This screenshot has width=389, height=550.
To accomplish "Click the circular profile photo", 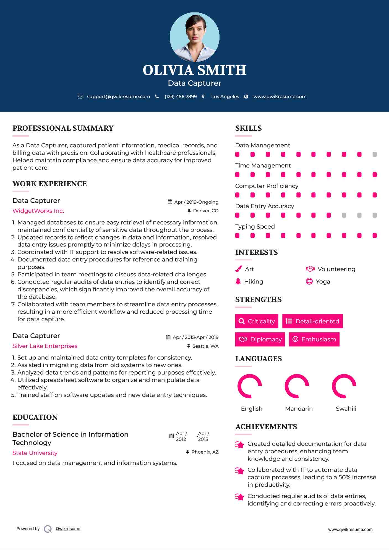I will click(194, 37).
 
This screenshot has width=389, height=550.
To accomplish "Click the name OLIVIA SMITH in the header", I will click(194, 70).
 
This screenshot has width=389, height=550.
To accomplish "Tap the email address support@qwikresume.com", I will click(118, 96).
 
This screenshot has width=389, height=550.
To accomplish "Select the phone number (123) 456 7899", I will click(181, 96).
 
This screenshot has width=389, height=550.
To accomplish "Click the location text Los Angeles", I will click(225, 96).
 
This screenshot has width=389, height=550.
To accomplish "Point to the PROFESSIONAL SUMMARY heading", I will click(63, 128).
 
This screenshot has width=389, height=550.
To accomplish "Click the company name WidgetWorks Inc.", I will click(38, 211).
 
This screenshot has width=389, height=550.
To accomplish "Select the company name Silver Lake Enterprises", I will click(45, 346).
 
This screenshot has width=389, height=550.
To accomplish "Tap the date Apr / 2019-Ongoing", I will click(196, 202).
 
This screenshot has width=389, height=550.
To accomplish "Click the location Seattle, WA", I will click(205, 346).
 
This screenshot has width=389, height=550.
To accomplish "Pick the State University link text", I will click(35, 453).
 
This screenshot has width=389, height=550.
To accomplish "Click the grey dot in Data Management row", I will click(375, 154).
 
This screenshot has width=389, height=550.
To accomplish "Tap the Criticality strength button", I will click(257, 321).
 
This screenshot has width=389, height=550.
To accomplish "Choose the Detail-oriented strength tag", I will click(312, 321).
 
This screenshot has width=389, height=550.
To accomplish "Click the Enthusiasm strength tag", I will click(314, 339).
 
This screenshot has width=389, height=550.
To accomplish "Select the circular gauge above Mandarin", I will click(297, 386).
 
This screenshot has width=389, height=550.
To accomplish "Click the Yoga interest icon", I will click(309, 281).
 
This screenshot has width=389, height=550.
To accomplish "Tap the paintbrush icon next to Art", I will click(238, 269).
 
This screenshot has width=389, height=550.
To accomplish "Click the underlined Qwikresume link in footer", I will click(68, 529).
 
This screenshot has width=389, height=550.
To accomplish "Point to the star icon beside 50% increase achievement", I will click(239, 471).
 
